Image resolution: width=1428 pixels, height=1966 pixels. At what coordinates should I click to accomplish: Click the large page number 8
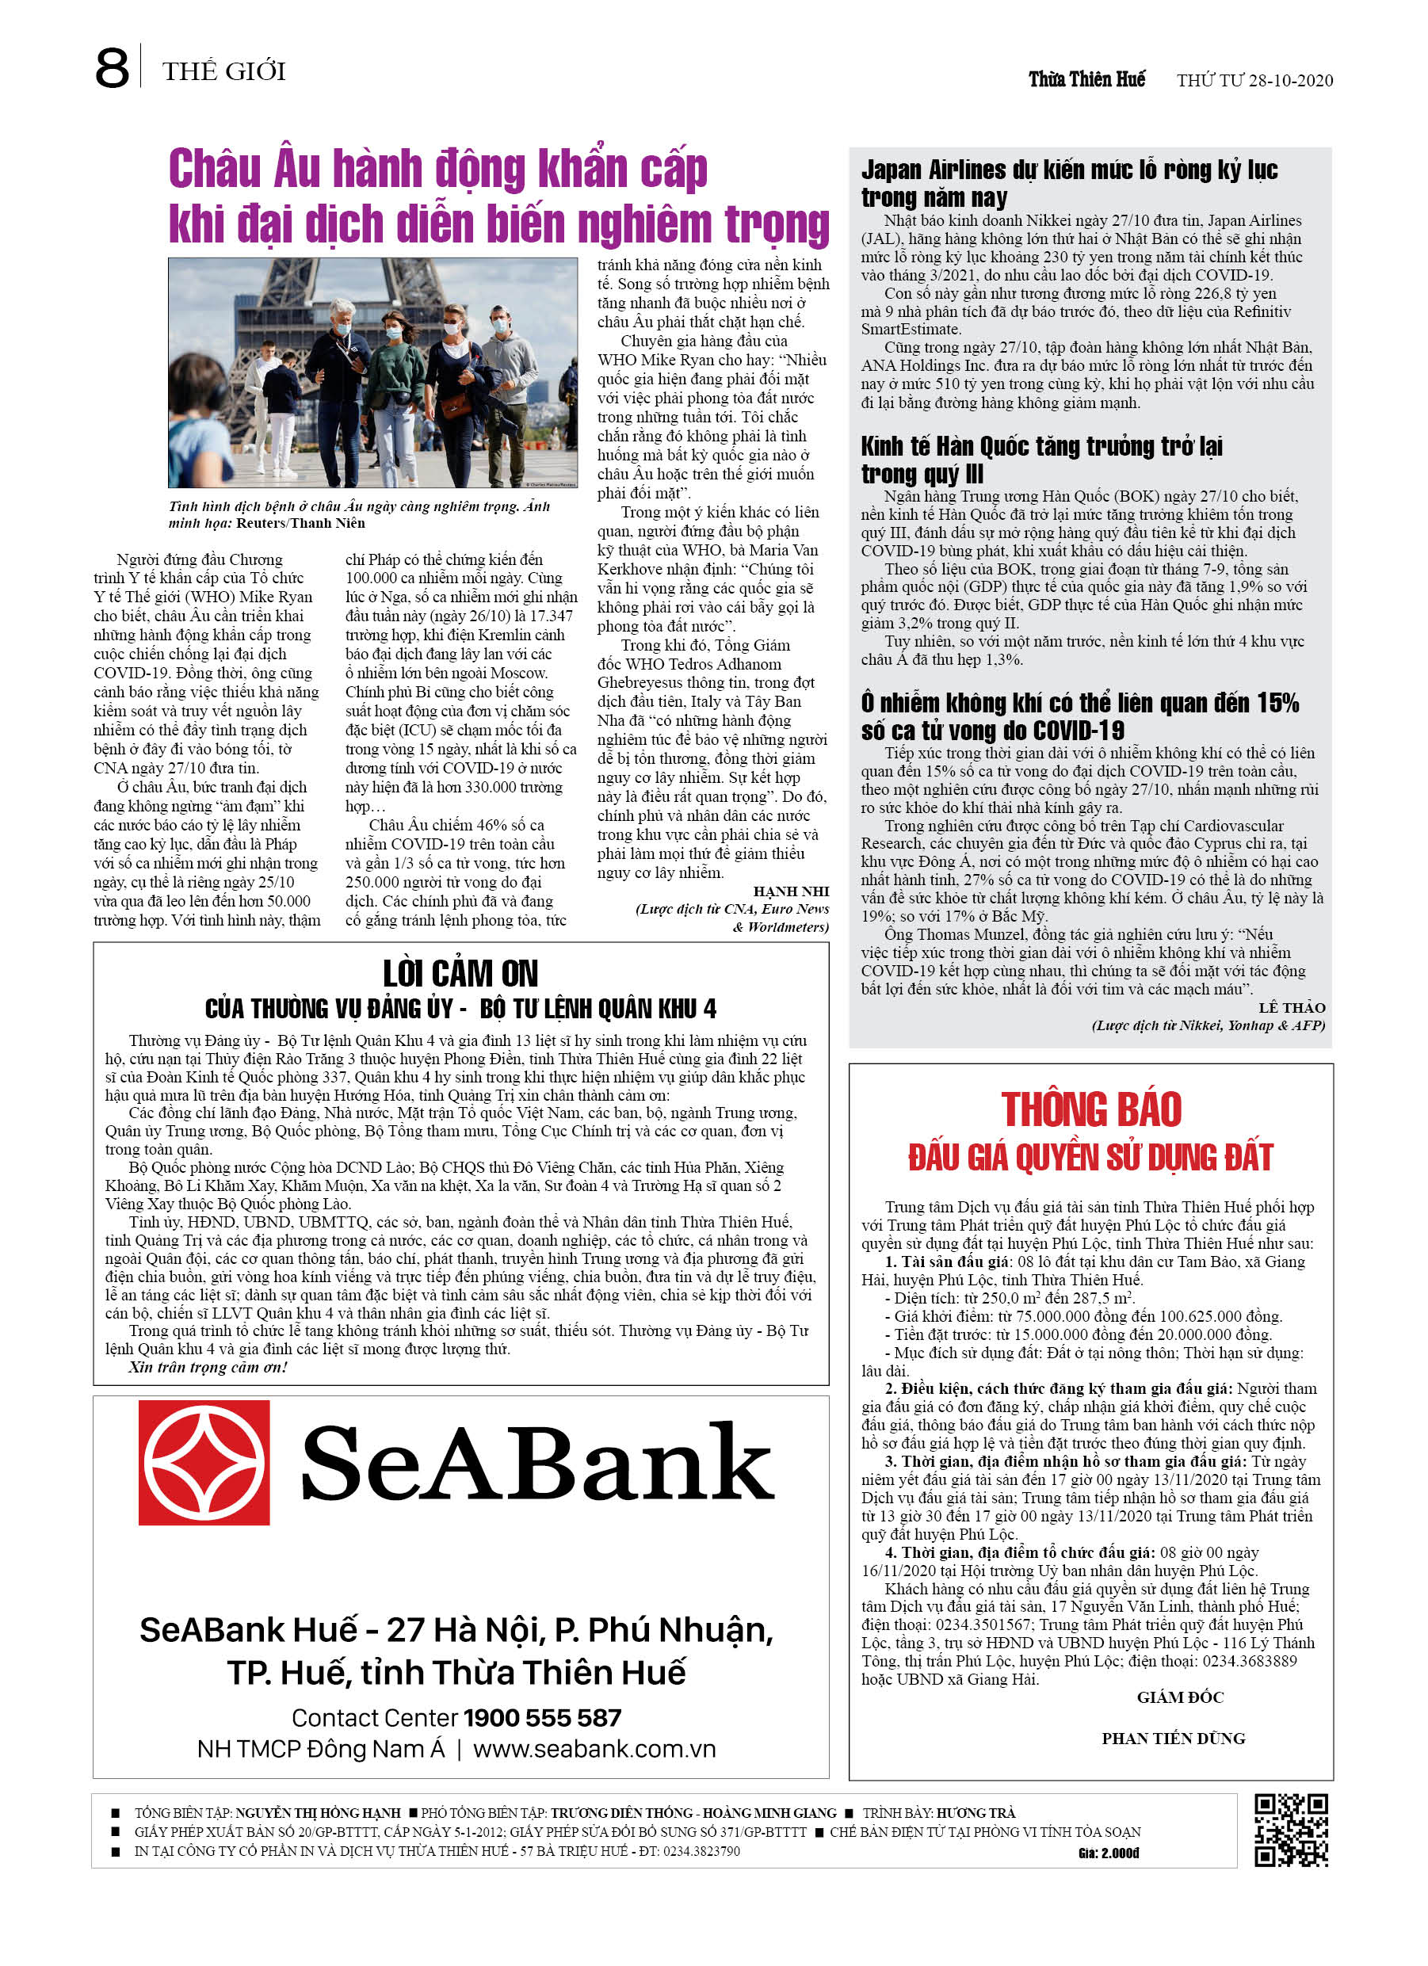pyautogui.click(x=112, y=68)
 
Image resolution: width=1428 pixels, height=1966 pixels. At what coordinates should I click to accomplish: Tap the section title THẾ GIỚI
pyautogui.click(x=223, y=71)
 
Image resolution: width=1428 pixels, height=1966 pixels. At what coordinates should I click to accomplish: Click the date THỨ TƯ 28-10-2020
pyautogui.click(x=1254, y=81)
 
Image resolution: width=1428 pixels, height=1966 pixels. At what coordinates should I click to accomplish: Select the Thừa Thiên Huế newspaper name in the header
pyautogui.click(x=1086, y=80)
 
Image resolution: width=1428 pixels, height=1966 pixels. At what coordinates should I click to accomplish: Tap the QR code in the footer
pyautogui.click(x=1291, y=1829)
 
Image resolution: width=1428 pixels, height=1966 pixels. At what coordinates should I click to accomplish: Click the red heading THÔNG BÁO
pyautogui.click(x=1090, y=1109)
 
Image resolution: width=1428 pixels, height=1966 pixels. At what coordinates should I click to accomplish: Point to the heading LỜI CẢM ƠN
pyautogui.click(x=460, y=973)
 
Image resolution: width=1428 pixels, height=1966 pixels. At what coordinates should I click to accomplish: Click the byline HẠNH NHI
pyautogui.click(x=791, y=891)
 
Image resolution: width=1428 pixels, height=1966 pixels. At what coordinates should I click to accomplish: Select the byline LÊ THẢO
pyautogui.click(x=1291, y=1007)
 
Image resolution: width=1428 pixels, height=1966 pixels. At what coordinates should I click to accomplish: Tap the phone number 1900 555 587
pyautogui.click(x=543, y=1717)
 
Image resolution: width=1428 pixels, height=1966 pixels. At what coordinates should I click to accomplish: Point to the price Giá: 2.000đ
pyautogui.click(x=1108, y=1853)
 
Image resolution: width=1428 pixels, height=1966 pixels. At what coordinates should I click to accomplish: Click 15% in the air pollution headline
pyautogui.click(x=1278, y=703)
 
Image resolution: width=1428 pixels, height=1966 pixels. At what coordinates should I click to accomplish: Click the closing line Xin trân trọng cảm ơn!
pyautogui.click(x=208, y=1367)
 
